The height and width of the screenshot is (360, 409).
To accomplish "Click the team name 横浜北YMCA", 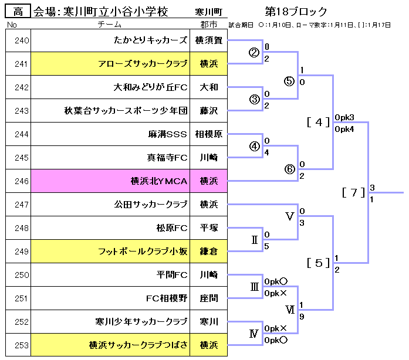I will click(158, 181).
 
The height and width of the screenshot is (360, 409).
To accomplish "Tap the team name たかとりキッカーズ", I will click(150, 40).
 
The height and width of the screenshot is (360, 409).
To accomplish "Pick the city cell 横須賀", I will click(208, 40).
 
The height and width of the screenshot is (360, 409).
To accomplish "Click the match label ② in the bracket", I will click(254, 52).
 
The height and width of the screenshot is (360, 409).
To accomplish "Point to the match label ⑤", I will click(288, 81).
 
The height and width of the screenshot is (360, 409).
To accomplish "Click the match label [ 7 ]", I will click(354, 192).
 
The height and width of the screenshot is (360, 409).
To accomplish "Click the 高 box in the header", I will click(18, 12).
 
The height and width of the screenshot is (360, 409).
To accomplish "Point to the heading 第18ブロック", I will click(296, 12).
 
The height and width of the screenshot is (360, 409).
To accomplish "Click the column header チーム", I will click(110, 25).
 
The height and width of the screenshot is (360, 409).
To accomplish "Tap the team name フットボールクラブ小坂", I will click(143, 252).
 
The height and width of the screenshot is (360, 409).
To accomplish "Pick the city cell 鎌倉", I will click(208, 252).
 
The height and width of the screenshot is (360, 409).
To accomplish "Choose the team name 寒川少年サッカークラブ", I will click(141, 322).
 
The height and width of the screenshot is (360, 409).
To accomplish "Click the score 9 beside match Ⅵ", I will click(302, 315).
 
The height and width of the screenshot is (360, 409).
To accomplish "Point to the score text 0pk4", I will click(344, 128).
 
